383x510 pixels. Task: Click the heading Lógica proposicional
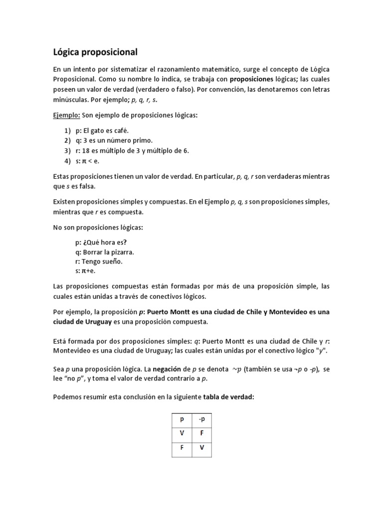point(95,52)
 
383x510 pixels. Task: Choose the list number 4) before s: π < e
point(67,161)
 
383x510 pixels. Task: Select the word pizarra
point(122,252)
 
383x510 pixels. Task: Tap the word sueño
point(111,261)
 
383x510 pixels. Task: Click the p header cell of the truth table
point(182,419)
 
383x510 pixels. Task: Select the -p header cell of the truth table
point(202,419)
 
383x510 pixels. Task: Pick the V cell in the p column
point(182,433)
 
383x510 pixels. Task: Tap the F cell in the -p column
point(202,433)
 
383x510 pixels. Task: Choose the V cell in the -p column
point(202,448)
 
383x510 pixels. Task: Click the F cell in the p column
point(182,448)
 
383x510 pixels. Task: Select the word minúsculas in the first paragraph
point(70,99)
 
